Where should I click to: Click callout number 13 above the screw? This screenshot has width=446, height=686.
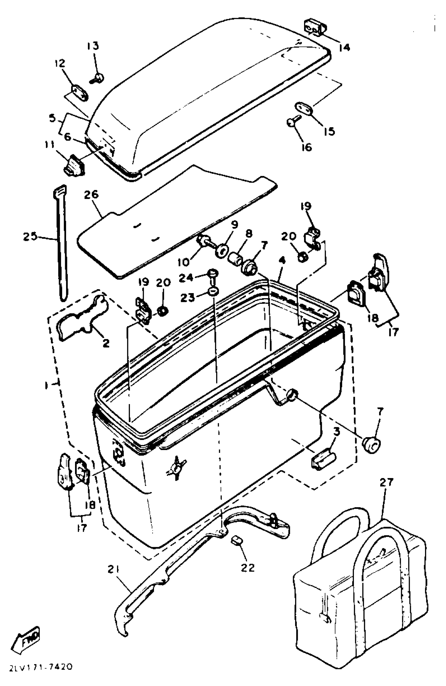tap(93, 46)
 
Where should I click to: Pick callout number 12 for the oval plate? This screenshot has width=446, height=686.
tap(60, 64)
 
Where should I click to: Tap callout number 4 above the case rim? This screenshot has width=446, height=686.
tap(282, 261)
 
